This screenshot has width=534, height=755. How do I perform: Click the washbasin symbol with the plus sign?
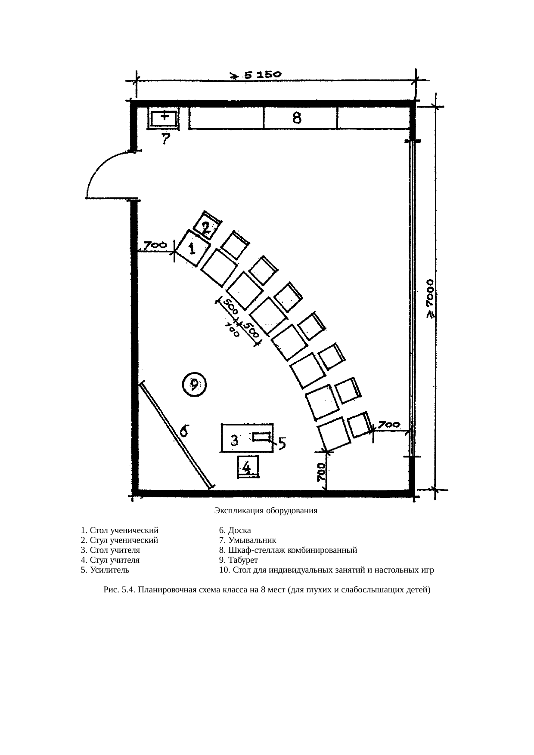pos(163,118)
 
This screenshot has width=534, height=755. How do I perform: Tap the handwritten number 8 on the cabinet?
pos(297,117)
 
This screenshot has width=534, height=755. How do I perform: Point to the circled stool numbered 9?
pos(194,384)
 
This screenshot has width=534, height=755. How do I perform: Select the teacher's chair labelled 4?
pos(248,467)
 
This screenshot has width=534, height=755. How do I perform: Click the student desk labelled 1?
pos(192,249)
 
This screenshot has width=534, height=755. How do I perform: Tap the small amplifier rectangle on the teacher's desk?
pos(261,437)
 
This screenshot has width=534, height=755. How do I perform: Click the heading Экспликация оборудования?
pos(266,511)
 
